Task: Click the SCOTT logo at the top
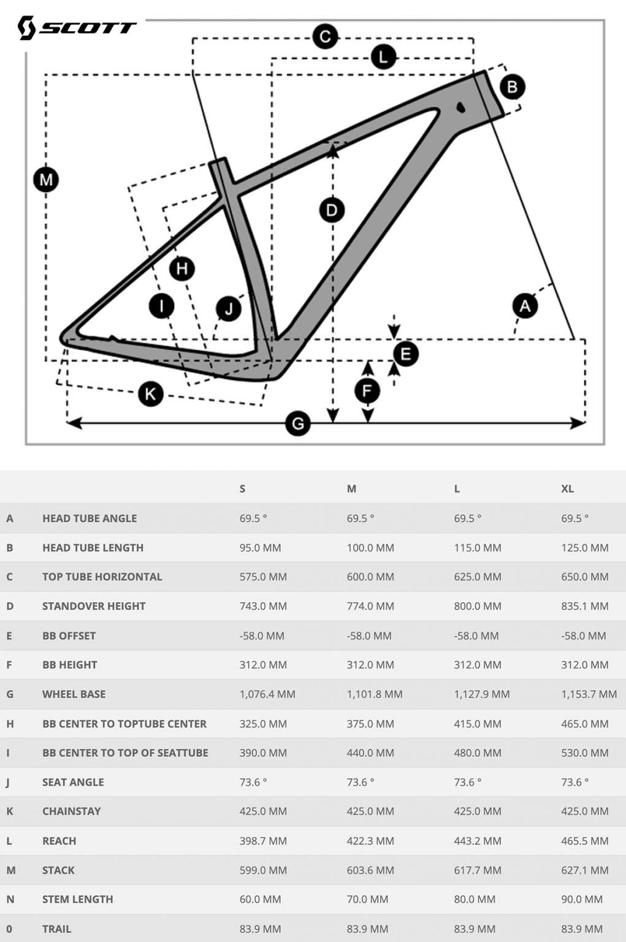[76, 28]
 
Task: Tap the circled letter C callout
[325, 37]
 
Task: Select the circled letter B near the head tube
[513, 86]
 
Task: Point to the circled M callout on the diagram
[46, 180]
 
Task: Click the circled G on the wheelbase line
[298, 423]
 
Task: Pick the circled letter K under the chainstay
[151, 393]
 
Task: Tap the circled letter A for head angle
[525, 305]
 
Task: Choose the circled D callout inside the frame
[332, 210]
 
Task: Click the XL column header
[567, 489]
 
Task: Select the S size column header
[242, 489]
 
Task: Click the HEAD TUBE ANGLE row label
[90, 518]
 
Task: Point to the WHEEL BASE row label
[74, 694]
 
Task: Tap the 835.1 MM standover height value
[584, 606]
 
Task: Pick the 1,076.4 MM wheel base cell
[267, 694]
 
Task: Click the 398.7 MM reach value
[263, 841]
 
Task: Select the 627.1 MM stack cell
[584, 870]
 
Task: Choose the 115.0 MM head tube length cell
[477, 548]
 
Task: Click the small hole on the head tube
[460, 107]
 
